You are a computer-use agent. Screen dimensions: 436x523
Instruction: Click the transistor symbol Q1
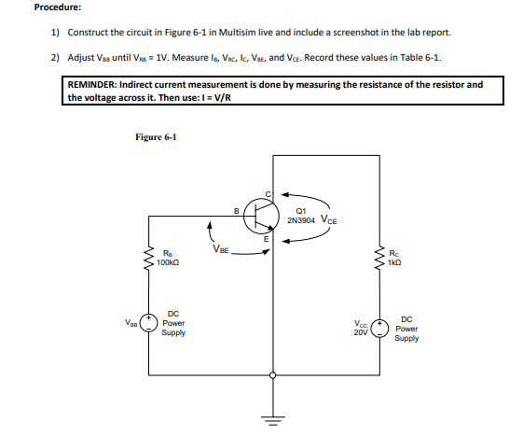pyautogui.click(x=267, y=214)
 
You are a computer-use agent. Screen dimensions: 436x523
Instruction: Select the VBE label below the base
pyautogui.click(x=221, y=249)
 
